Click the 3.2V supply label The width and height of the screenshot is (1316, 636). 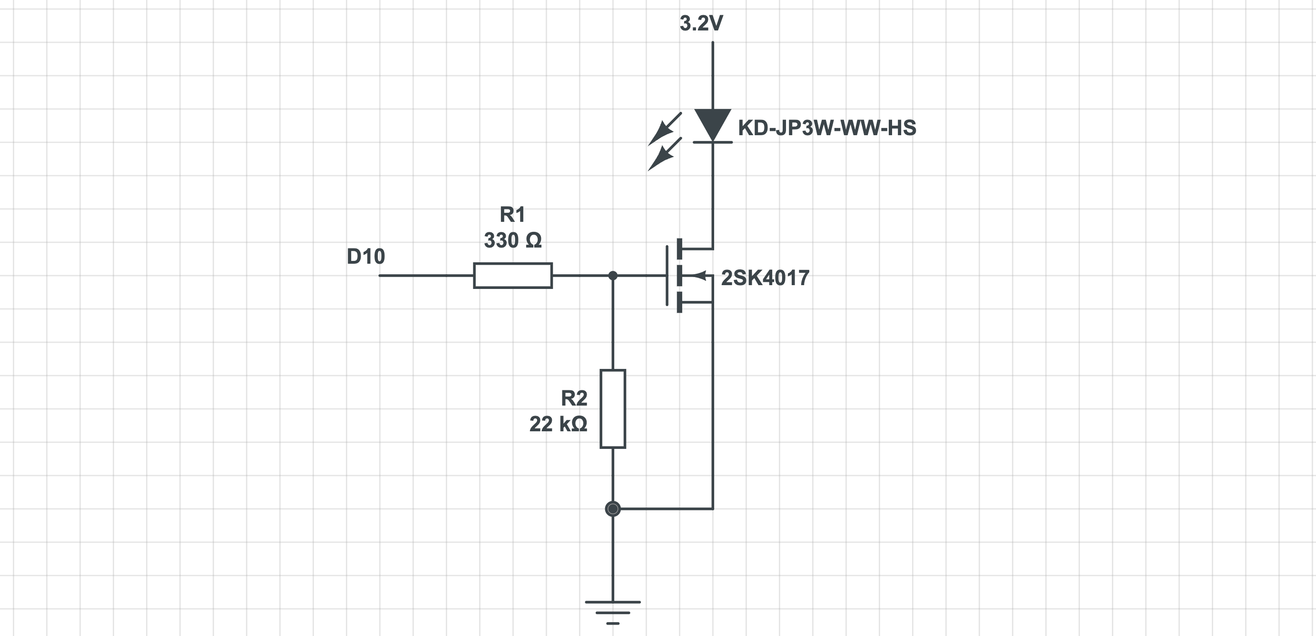(x=701, y=23)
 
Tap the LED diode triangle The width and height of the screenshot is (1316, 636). (x=713, y=123)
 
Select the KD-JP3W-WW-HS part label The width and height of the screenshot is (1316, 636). (x=826, y=128)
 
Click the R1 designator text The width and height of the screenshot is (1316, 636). (x=512, y=215)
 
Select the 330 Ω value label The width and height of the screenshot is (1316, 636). (x=512, y=240)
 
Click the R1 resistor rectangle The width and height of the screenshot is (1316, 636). (x=512, y=276)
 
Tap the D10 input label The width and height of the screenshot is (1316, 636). (x=366, y=256)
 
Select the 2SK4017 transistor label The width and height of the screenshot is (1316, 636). (x=765, y=278)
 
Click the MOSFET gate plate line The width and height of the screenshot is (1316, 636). (x=667, y=276)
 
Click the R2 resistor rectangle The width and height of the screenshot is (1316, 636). (x=612, y=408)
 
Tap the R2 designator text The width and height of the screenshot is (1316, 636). (x=574, y=398)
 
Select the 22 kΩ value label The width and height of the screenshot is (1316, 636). (x=558, y=424)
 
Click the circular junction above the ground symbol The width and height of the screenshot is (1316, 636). (x=612, y=509)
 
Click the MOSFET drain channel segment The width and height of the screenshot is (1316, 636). (x=679, y=248)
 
